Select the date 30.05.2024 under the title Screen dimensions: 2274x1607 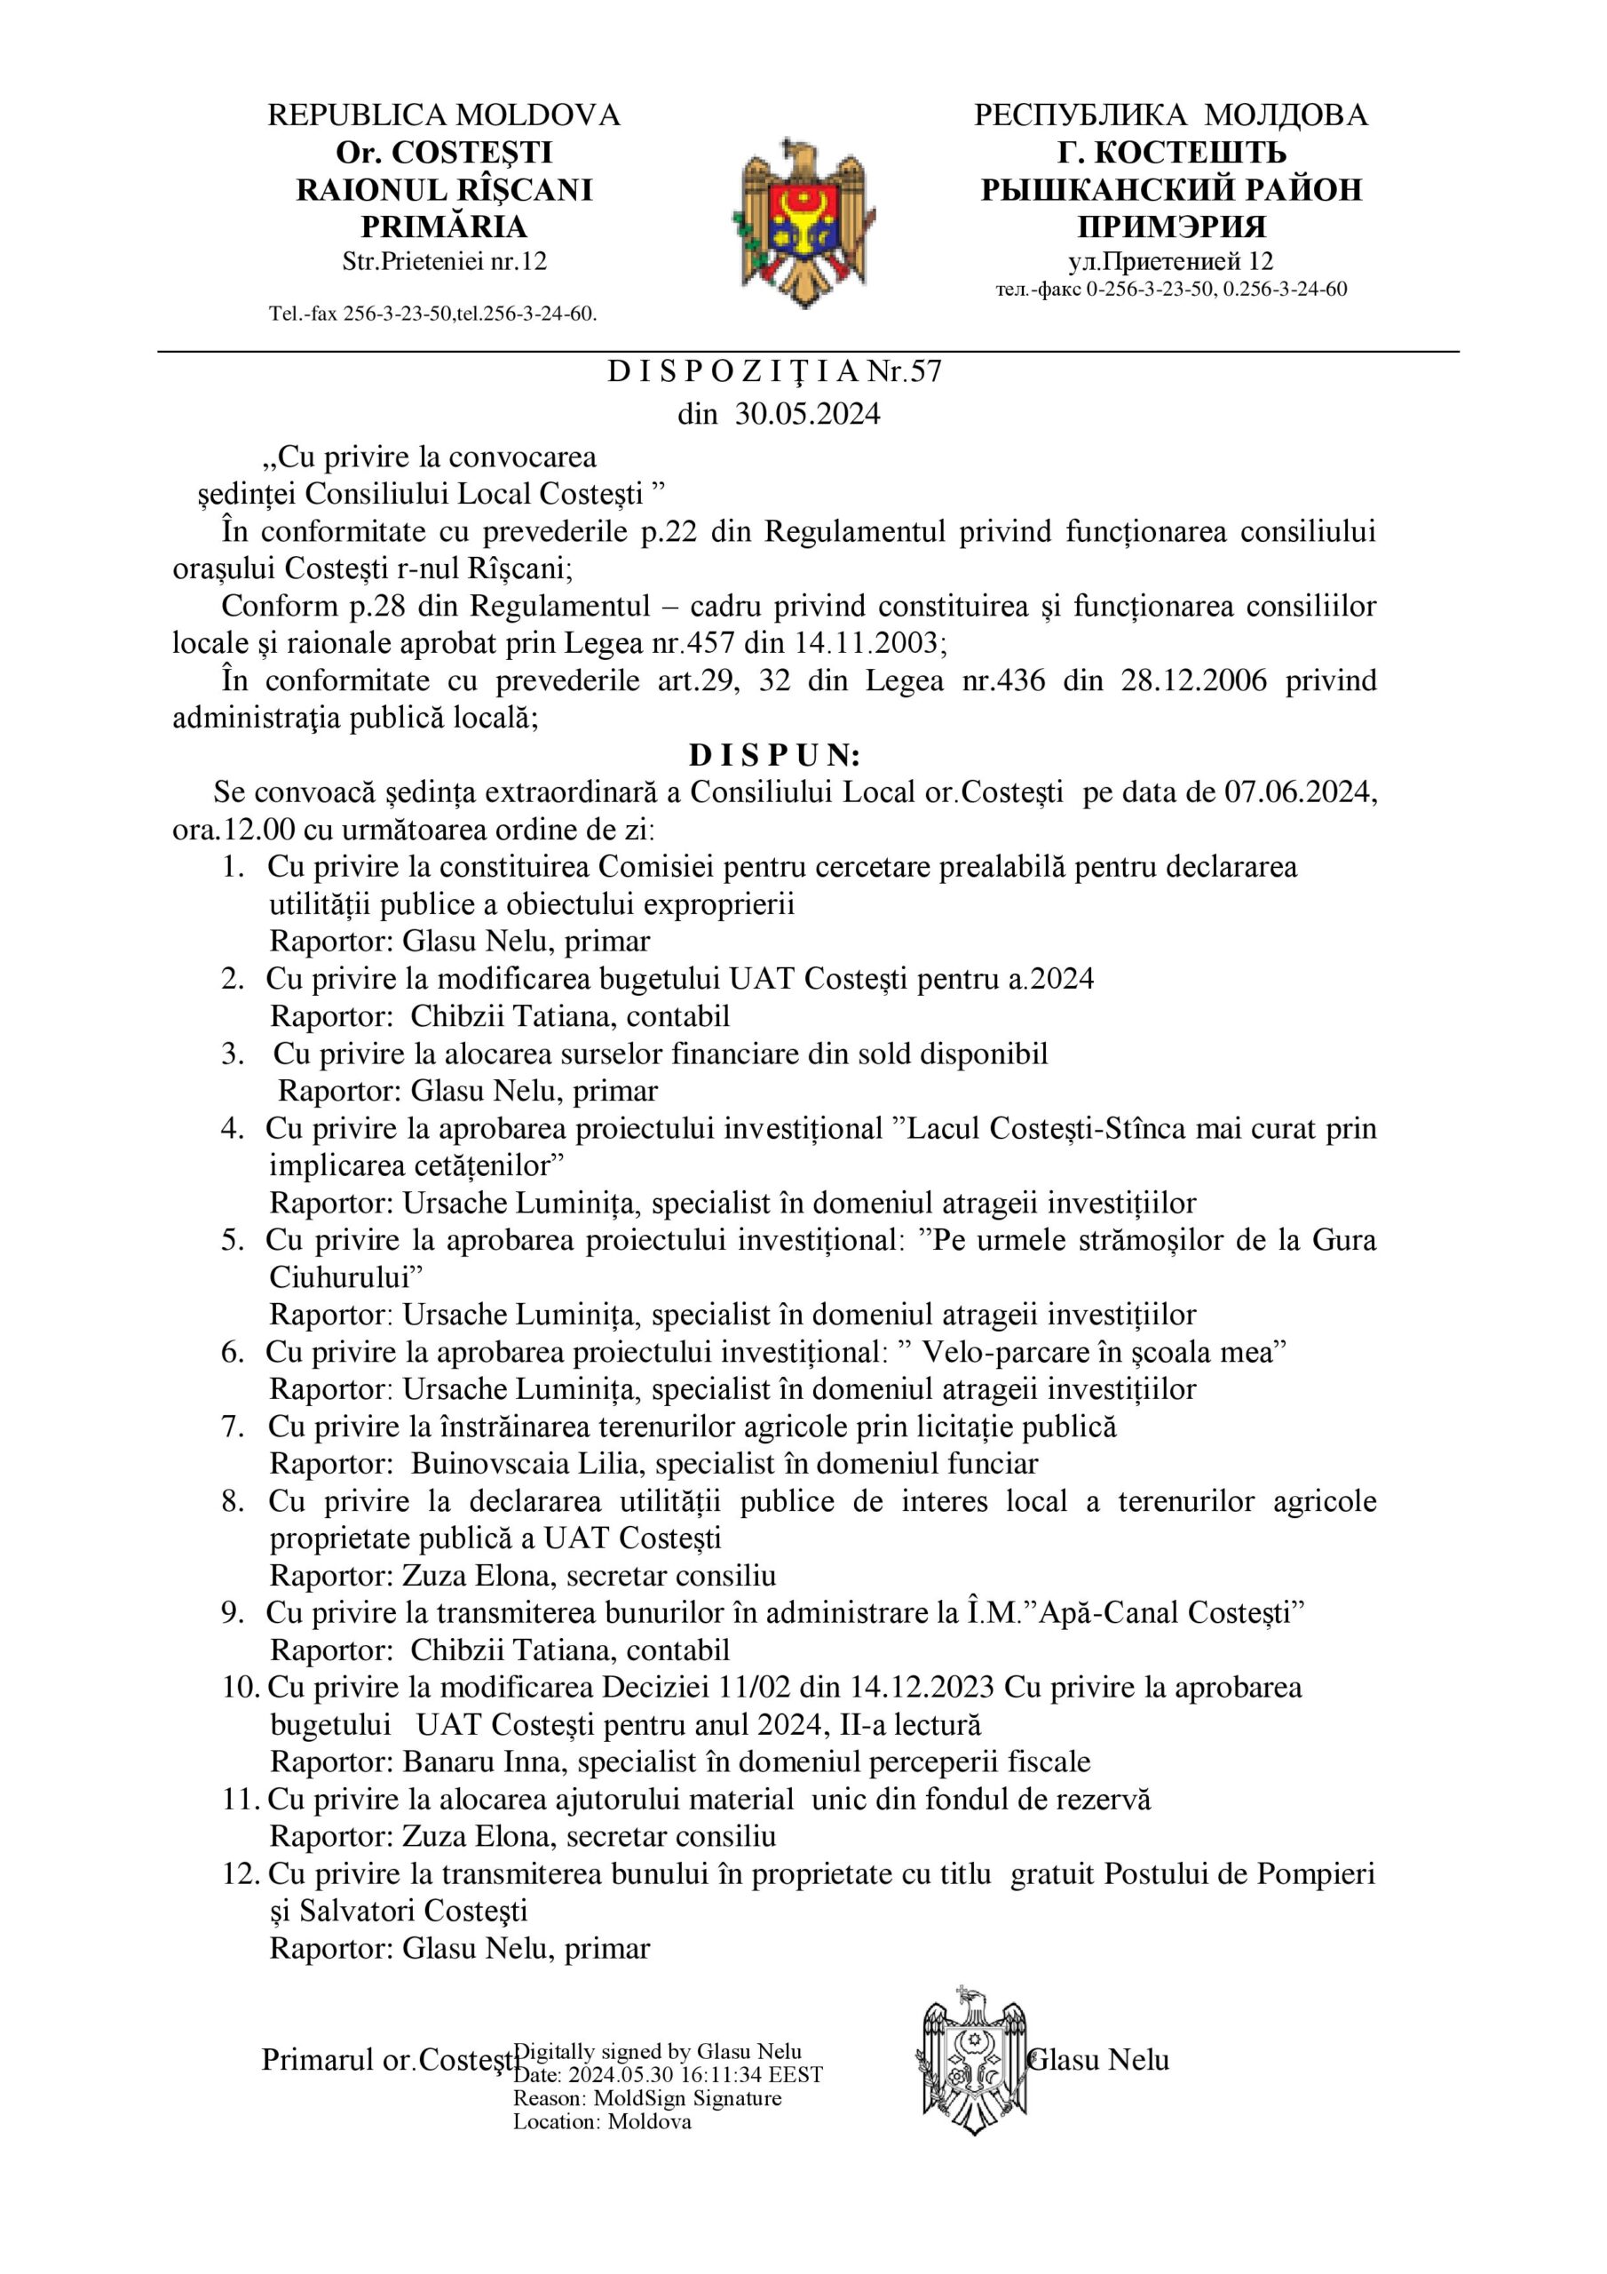(x=807, y=414)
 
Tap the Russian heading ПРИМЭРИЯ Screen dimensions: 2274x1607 (x=1171, y=227)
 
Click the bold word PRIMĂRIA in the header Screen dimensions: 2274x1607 (x=443, y=227)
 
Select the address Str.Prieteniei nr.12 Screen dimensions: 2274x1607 (x=444, y=262)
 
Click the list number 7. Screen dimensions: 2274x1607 (x=232, y=1427)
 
